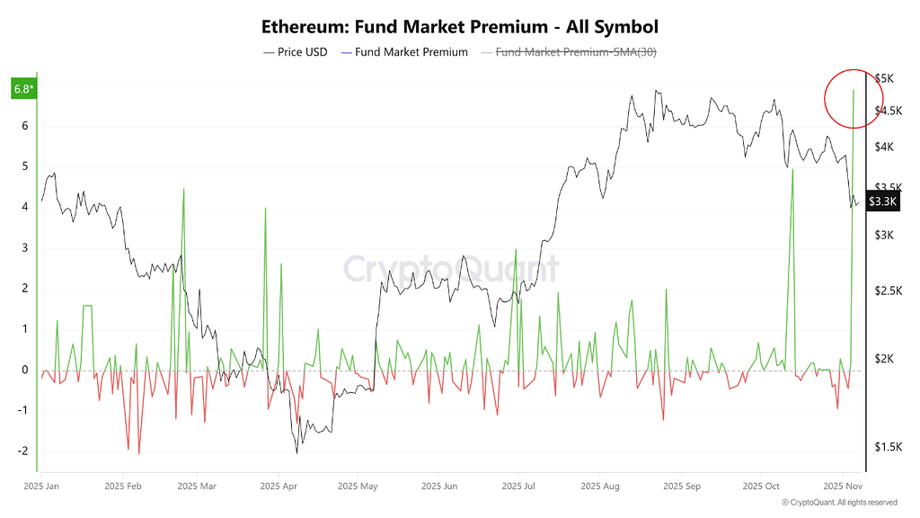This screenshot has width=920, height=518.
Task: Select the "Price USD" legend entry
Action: coord(296,52)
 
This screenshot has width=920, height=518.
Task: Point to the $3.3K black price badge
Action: coord(883,201)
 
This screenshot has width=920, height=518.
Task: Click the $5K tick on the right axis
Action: coord(885,79)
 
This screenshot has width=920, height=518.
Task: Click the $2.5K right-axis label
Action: coord(889,290)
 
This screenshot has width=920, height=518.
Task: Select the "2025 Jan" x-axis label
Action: coord(43,485)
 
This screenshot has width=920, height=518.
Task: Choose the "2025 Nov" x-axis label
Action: coord(842,485)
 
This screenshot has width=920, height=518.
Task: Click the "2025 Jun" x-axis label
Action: coord(438,485)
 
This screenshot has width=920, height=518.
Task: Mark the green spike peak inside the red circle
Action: coord(853,91)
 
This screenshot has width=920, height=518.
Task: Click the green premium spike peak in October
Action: coord(792,169)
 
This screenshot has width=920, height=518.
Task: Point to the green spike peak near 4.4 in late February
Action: coord(183,189)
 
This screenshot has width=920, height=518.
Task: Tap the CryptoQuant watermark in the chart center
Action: coord(452,269)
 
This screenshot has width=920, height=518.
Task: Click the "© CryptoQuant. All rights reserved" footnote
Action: coord(839,503)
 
